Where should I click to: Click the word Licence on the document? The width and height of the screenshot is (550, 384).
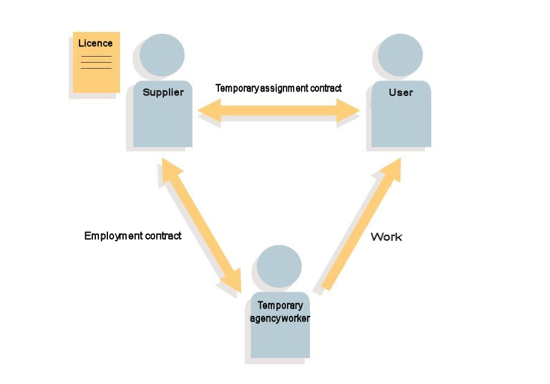click(95, 43)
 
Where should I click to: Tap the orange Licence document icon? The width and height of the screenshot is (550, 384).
click(96, 63)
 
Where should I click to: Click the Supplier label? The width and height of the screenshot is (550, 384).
click(163, 92)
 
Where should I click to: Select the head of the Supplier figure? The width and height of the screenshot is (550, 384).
click(162, 55)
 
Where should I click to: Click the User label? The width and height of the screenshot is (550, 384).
click(401, 92)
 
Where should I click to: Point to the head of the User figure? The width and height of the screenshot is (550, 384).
click(400, 55)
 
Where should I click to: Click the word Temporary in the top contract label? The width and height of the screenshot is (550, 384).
click(237, 88)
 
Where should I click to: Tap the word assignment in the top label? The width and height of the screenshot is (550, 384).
click(284, 88)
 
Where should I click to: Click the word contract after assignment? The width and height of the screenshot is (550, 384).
click(326, 88)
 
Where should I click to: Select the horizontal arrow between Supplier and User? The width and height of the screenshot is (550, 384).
click(279, 110)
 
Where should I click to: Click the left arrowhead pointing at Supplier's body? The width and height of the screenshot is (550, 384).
click(209, 110)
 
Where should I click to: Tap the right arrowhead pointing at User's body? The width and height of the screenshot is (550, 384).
click(348, 110)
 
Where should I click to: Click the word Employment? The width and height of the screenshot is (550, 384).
click(113, 236)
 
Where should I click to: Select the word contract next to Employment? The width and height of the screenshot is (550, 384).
click(163, 236)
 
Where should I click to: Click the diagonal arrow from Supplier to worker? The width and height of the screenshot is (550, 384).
click(201, 225)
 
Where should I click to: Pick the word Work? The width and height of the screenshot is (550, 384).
click(386, 237)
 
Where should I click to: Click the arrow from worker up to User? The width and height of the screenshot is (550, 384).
click(361, 224)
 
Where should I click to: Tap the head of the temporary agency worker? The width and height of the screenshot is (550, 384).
click(279, 266)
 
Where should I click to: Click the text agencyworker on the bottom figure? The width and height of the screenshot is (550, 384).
click(280, 318)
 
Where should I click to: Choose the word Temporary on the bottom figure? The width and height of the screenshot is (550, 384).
click(280, 306)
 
